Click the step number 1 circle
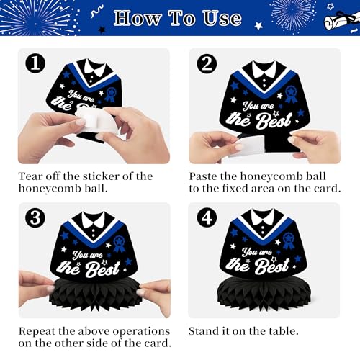click(35, 63)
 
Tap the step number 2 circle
click(207, 63)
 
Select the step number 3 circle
click(35, 217)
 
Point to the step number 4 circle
click(207, 217)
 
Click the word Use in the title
click(222, 18)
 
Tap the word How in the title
click(138, 18)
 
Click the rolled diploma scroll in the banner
click(341, 21)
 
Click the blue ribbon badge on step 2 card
click(291, 94)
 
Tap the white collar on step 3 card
click(94, 220)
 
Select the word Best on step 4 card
click(272, 266)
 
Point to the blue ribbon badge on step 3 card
click(120, 243)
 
